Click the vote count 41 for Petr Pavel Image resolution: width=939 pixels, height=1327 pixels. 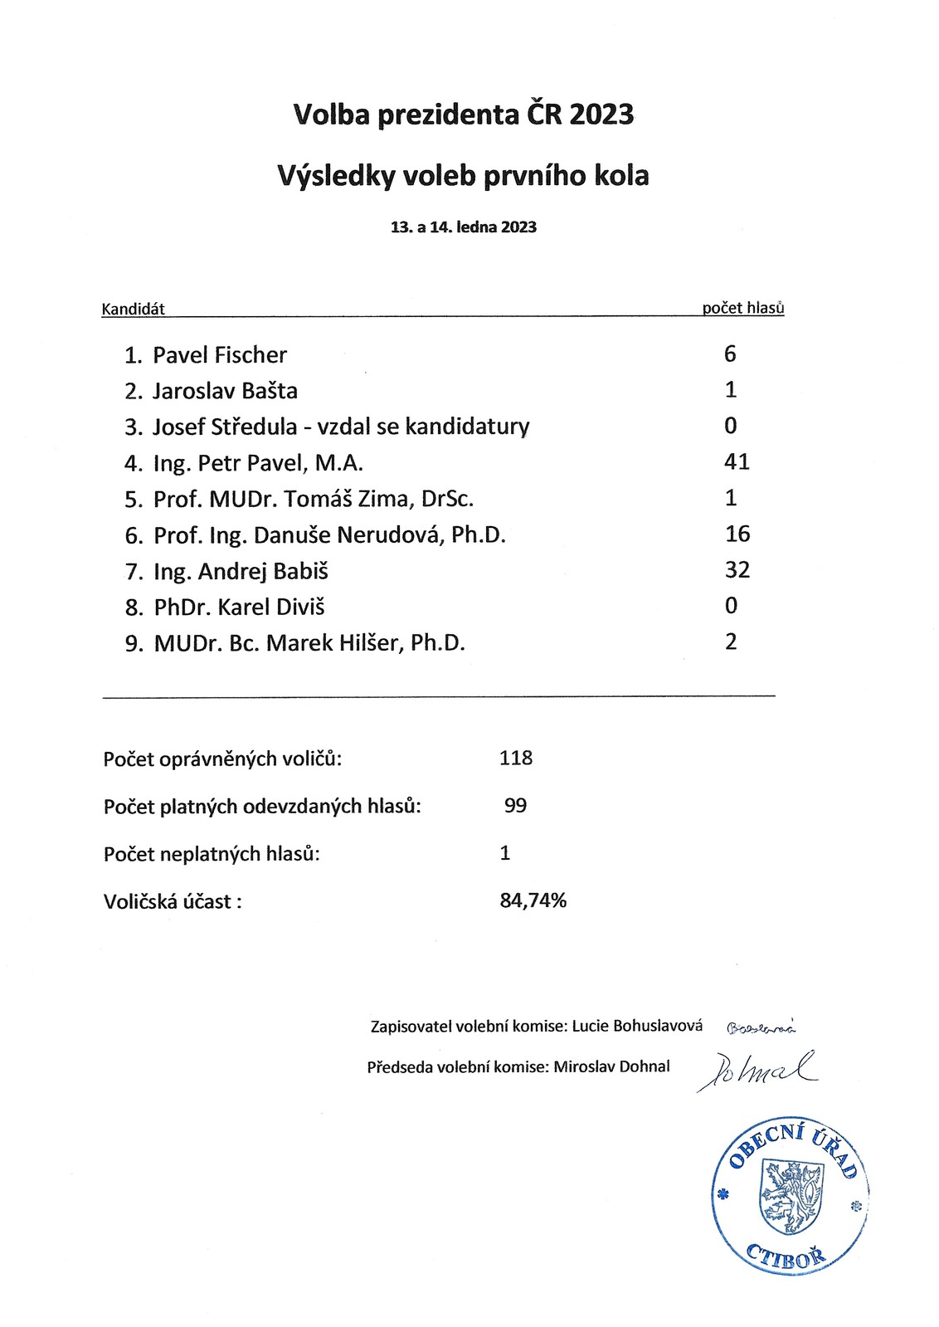(x=737, y=461)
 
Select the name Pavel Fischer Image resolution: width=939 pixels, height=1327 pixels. (x=220, y=355)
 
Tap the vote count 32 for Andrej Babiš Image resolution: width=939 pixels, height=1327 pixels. (x=737, y=569)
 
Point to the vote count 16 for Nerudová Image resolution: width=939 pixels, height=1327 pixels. (x=737, y=534)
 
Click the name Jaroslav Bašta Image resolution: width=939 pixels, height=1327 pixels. (x=225, y=391)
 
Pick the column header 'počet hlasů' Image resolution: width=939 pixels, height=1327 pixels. (x=742, y=308)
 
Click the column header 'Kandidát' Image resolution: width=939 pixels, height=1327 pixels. (x=133, y=310)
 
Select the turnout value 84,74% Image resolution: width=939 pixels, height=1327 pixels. (x=533, y=900)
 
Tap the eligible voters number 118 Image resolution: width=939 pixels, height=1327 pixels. (x=516, y=758)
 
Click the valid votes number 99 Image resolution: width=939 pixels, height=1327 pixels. (x=515, y=805)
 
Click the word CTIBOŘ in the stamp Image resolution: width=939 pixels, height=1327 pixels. (x=786, y=1256)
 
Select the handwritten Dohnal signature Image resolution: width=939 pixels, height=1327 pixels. (x=756, y=1071)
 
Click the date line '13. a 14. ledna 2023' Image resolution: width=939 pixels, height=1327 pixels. (x=464, y=227)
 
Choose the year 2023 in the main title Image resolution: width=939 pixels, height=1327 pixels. (x=601, y=114)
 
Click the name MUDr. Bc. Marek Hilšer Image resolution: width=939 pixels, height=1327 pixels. (x=309, y=643)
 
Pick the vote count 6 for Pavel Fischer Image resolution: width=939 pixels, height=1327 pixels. (x=730, y=354)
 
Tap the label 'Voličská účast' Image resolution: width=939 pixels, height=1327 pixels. (x=173, y=901)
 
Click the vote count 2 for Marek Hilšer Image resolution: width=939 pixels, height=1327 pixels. (x=730, y=642)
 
